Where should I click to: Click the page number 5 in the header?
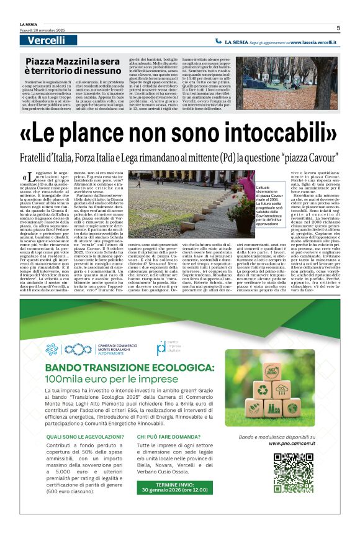(338, 27)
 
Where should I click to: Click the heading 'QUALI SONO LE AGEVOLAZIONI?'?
(79, 437)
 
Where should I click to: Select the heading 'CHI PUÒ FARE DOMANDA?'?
(168, 437)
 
